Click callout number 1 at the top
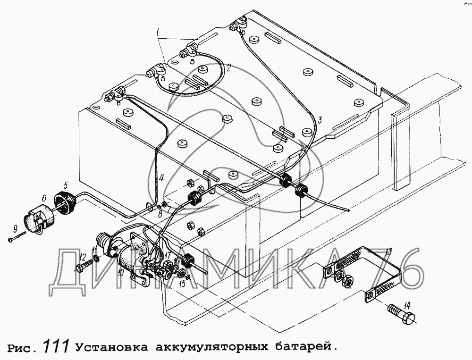(x=158, y=32)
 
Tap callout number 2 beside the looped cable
(x=229, y=67)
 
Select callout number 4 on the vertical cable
(x=161, y=178)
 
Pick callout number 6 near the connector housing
(x=44, y=198)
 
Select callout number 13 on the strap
(x=388, y=252)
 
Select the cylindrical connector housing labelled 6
(x=38, y=216)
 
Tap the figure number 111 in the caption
(x=57, y=346)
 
